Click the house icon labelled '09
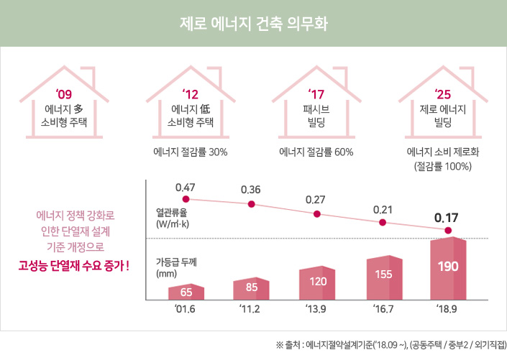tap(65, 106)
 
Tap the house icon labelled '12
tap(191, 106)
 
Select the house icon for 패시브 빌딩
tap(316, 106)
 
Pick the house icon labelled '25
tap(442, 106)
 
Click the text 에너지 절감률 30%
tap(191, 152)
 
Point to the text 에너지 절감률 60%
tap(316, 152)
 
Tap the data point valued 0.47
tap(186, 198)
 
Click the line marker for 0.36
tap(251, 204)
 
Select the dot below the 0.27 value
tap(316, 214)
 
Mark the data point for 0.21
tap(383, 223)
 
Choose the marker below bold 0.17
tap(448, 231)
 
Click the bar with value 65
tap(186, 292)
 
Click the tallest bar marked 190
tap(448, 268)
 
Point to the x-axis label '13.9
tap(317, 310)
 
